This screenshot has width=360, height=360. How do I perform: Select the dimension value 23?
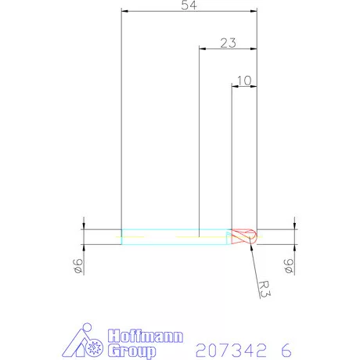(x=228, y=42)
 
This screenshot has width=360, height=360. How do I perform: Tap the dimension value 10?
(x=243, y=80)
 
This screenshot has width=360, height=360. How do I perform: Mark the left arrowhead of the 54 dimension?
(x=124, y=12)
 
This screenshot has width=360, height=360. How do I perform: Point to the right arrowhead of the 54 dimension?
(x=254, y=12)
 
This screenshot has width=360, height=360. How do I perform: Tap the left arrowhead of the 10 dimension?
(x=234, y=87)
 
